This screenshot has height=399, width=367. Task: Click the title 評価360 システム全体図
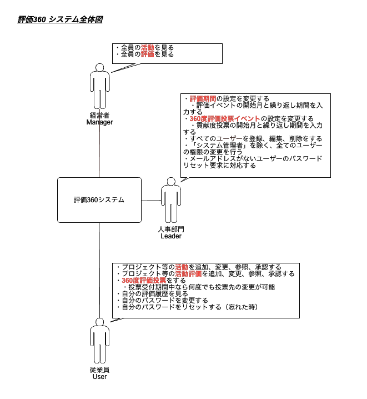click(60, 19)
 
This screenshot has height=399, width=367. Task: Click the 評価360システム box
click(99, 200)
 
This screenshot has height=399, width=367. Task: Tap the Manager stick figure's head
click(99, 67)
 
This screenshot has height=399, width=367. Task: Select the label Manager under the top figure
click(99, 122)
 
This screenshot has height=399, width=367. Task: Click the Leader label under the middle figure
click(171, 236)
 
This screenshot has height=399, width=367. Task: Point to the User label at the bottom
click(99, 377)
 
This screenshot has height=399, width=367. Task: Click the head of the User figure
click(99, 322)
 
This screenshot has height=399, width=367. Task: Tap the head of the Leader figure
click(171, 182)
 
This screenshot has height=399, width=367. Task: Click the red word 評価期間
click(203, 98)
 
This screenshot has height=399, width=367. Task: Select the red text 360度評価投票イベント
click(225, 118)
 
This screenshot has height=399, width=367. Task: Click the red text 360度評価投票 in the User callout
click(144, 281)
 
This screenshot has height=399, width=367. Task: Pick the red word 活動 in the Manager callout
click(147, 48)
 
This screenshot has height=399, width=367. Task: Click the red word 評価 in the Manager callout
click(147, 54)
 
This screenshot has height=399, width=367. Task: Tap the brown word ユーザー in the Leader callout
click(229, 139)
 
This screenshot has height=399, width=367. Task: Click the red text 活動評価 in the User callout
click(188, 274)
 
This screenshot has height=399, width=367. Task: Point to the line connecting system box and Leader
click(151, 200)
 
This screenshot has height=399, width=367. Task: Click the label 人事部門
click(171, 230)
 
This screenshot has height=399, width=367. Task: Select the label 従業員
click(99, 370)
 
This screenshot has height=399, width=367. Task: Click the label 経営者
click(99, 115)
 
